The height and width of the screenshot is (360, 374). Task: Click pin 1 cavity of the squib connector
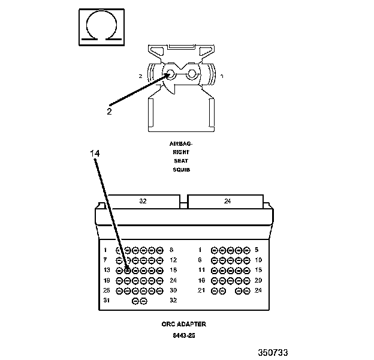(192, 76)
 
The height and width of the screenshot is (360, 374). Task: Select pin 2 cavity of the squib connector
(170, 76)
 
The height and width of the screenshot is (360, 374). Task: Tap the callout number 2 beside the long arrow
(109, 111)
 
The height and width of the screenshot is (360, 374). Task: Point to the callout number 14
(95, 153)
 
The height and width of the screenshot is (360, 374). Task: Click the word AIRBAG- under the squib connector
(180, 144)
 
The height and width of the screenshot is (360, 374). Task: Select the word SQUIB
(180, 170)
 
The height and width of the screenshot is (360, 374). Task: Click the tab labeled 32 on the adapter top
(143, 201)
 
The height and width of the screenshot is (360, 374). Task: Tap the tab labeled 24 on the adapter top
(227, 201)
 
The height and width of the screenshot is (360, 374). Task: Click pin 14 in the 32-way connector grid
(127, 270)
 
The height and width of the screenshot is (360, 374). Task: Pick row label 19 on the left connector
(107, 280)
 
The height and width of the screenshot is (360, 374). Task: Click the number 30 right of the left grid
(173, 290)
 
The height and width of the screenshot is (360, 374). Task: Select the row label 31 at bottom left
(107, 300)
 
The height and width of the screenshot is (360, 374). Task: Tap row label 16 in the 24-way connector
(201, 280)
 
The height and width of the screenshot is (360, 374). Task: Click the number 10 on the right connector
(258, 260)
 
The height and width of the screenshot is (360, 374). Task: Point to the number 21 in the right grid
(201, 290)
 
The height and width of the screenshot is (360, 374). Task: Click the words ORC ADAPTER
(183, 324)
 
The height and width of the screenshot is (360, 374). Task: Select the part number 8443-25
(183, 335)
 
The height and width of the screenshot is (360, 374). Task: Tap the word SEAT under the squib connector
(180, 161)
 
